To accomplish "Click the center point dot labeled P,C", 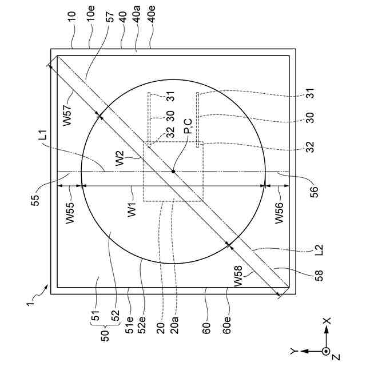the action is point(173,172).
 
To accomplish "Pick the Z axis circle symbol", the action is point(326,350).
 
